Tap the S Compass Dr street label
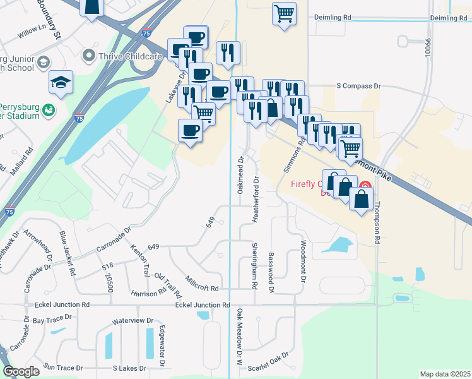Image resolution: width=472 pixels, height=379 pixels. coord(359,85)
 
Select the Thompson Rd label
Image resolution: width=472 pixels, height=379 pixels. coord(377,222)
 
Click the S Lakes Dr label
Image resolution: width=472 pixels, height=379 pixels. coord(129,368)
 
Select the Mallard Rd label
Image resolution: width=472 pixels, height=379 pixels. coord(27,161)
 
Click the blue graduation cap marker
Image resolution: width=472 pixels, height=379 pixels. coord(61,82)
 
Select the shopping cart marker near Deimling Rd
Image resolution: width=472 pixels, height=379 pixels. coord(285,13)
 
